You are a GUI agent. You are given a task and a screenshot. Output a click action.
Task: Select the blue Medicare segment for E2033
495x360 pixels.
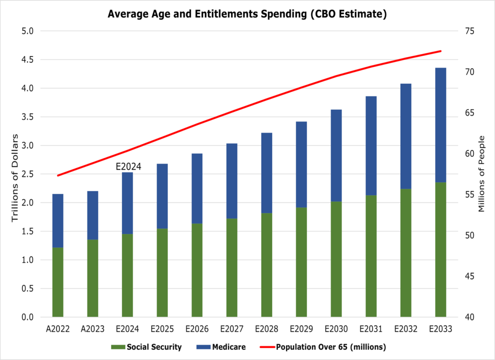click(x=440, y=125)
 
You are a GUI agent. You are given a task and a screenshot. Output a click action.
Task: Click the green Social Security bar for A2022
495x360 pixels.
click(x=58, y=282)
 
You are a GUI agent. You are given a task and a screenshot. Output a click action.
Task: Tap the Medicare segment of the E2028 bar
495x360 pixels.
click(x=267, y=173)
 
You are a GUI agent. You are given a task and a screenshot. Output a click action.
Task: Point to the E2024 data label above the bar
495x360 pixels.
click(x=129, y=166)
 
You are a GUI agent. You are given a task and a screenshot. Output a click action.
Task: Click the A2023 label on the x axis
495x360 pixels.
click(x=93, y=329)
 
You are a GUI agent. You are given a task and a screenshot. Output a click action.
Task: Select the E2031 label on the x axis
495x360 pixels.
click(x=371, y=329)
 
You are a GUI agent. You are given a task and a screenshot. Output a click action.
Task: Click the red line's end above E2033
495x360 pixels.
click(x=440, y=51)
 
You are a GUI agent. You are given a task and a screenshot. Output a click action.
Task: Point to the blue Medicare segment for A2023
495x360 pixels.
click(x=93, y=215)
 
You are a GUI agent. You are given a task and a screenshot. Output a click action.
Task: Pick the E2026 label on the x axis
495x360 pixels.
click(x=197, y=329)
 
